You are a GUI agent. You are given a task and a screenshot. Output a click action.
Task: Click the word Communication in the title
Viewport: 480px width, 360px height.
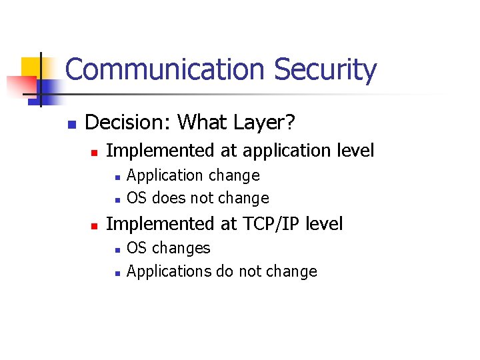coord(165,70)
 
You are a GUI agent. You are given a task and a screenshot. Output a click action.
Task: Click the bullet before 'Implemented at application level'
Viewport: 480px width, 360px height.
coord(95,153)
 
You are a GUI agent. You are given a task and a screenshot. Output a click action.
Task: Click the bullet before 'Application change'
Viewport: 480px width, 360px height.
coord(116,177)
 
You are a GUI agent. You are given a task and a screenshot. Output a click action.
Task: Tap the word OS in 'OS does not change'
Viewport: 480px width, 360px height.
coord(137,199)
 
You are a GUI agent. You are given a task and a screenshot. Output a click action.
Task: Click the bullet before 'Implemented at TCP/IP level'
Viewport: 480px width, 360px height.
coord(95,226)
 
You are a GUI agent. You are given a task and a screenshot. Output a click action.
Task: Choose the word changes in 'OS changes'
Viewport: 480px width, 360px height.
coord(181,248)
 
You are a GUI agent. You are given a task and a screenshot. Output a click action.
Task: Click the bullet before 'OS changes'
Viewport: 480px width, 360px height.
coord(116,249)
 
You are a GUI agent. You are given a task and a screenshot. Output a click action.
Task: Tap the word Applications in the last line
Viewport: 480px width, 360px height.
coord(169,271)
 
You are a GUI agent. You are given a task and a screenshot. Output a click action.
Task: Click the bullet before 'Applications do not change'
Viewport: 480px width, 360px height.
coord(116,273)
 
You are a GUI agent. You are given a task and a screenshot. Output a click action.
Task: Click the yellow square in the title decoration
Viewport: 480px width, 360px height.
coord(31,67)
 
